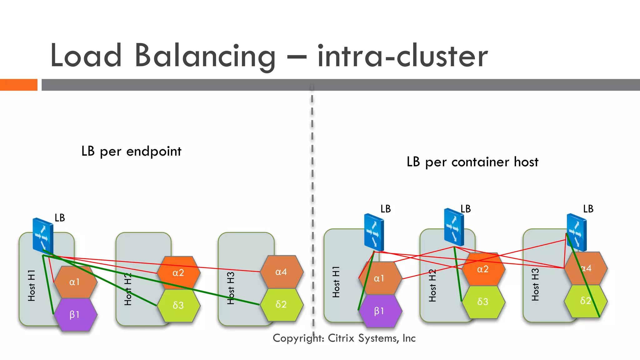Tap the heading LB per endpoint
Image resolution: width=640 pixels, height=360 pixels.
click(x=131, y=152)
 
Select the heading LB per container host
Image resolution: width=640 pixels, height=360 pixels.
click(x=472, y=162)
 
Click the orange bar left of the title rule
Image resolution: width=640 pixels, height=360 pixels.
click(x=18, y=85)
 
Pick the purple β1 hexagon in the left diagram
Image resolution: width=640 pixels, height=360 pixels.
click(x=75, y=314)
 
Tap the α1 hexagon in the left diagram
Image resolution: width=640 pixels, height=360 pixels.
click(x=75, y=282)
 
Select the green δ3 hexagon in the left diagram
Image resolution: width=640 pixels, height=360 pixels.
click(x=178, y=305)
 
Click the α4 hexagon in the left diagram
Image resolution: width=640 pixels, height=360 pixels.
click(x=281, y=272)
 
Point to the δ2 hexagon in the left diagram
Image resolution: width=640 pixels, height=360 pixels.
click(x=281, y=304)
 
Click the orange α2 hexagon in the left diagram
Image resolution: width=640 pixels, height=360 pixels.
click(x=178, y=272)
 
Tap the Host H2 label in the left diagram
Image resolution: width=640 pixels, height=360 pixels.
click(x=128, y=289)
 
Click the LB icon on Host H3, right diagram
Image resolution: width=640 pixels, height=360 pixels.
click(x=577, y=232)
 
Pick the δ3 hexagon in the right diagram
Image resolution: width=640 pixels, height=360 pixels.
click(x=483, y=302)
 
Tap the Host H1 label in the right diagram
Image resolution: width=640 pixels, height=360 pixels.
click(x=336, y=282)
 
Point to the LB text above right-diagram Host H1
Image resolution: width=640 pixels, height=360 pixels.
click(x=385, y=209)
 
